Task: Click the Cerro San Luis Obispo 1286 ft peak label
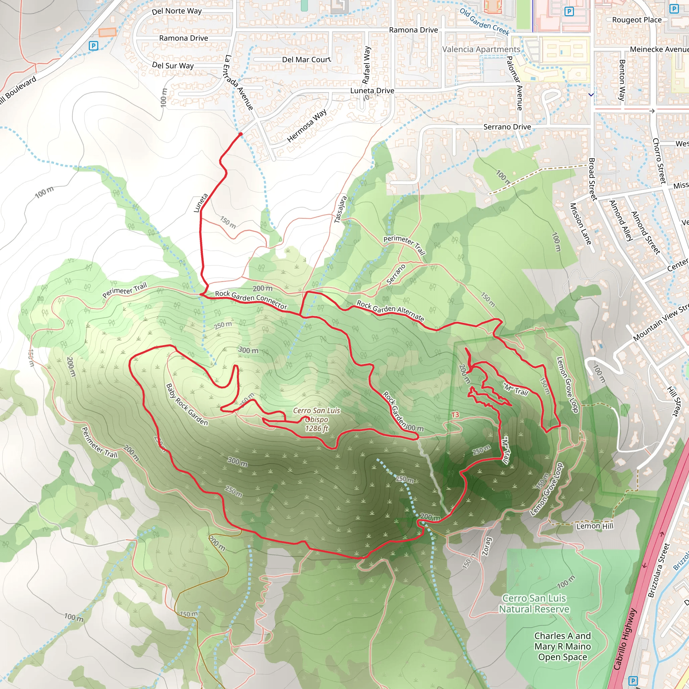(x=316, y=420)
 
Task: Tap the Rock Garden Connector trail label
(x=251, y=299)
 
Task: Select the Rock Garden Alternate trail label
(x=391, y=310)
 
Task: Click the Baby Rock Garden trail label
(x=187, y=404)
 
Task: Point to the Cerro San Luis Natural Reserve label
(x=534, y=604)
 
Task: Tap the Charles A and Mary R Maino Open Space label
(x=563, y=646)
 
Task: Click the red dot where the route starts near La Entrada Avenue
(x=241, y=135)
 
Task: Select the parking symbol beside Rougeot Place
(x=674, y=9)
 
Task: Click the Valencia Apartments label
(x=481, y=49)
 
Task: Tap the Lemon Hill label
(x=594, y=526)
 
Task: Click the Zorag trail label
(x=487, y=546)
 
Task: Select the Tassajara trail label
(x=340, y=209)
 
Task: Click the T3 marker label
(x=455, y=415)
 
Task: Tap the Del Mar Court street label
(x=306, y=60)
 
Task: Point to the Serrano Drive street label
(x=507, y=127)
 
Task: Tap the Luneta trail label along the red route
(x=201, y=203)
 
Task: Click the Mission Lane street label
(x=580, y=224)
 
